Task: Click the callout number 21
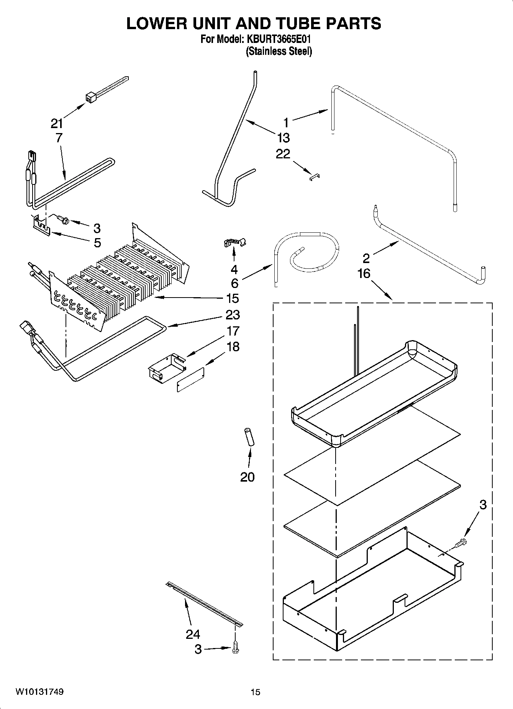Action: coord(57,123)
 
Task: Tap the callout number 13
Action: coord(283,137)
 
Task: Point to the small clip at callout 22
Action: coord(315,176)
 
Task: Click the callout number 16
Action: coord(364,273)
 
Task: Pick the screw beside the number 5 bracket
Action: coord(62,219)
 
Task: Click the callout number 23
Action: coord(233,314)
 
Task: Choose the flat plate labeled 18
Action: coord(190,379)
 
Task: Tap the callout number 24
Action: coord(193,634)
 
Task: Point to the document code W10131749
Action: coord(39,692)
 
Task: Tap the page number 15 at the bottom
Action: coord(256,692)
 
